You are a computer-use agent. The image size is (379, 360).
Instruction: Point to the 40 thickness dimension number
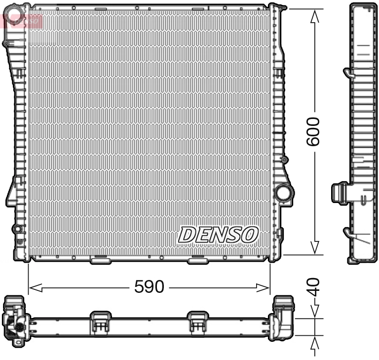coord(314,287)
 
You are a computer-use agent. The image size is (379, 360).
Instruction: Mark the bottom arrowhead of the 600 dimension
coord(314,247)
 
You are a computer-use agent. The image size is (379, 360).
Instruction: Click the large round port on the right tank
coord(283,193)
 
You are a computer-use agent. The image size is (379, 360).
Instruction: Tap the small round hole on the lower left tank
coord(17,229)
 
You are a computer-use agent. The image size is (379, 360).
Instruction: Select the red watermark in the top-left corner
coord(22,20)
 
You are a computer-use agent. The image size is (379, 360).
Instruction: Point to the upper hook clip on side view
coord(348,73)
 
